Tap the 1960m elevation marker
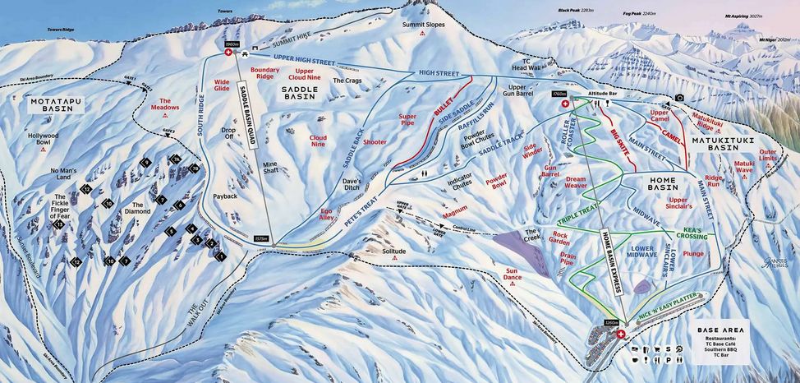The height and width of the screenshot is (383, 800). pyautogui.click(x=231, y=44)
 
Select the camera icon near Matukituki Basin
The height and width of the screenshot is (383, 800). pyautogui.click(x=679, y=99)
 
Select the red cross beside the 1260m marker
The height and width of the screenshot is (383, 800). pyautogui.click(x=621, y=335)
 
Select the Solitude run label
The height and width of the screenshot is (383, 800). pyautogui.click(x=394, y=250)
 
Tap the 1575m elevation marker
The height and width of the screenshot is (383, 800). pyautogui.click(x=261, y=240)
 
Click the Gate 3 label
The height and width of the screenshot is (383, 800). pyautogui.click(x=168, y=131)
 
